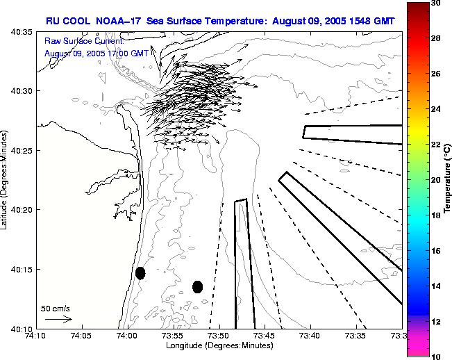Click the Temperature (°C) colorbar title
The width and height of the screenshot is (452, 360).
(448, 180)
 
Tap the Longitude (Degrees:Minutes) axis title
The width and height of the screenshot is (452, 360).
(219, 346)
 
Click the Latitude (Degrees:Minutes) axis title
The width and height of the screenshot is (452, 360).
(6, 179)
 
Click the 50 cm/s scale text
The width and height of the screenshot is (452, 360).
(55, 308)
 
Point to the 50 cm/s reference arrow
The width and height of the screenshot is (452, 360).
(58, 320)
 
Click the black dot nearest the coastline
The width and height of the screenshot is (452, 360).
(140, 273)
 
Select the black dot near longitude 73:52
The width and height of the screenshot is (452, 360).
(197, 286)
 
